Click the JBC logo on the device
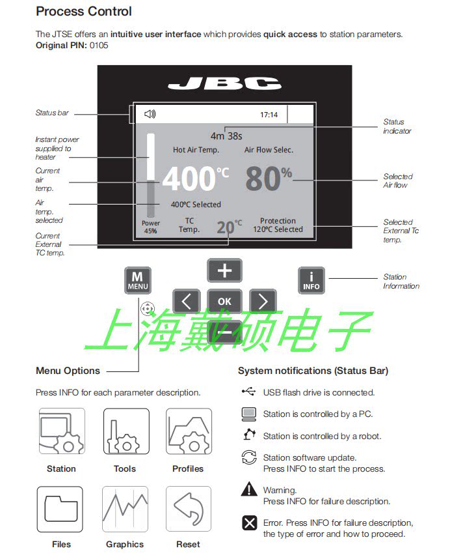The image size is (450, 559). click(224, 83)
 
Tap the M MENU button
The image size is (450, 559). click(137, 280)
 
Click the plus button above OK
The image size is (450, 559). click(224, 270)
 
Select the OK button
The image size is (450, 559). click(224, 301)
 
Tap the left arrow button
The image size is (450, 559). click(187, 301)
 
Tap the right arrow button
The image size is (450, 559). click(263, 301)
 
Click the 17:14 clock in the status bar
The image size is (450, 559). click(269, 115)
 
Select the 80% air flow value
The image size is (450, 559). click(268, 179)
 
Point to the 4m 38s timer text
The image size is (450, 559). click(226, 136)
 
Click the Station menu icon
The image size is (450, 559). click(61, 431)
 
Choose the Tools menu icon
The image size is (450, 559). click(126, 431)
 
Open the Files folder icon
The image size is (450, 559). click(60, 509)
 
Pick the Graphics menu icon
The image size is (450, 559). click(125, 509)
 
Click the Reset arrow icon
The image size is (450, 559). click(189, 509)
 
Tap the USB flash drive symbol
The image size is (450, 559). click(248, 392)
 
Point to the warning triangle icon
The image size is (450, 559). click(249, 489)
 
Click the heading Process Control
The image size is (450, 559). click(84, 11)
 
